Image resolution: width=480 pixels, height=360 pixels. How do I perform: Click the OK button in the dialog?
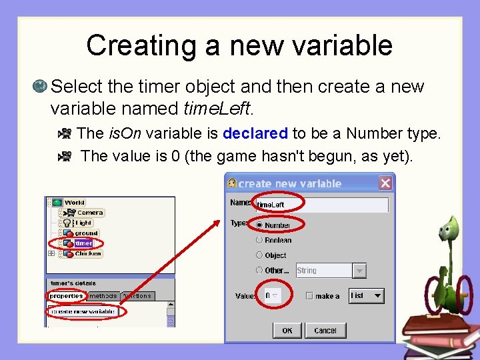(x=287, y=330)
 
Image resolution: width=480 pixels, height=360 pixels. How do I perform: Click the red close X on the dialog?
(x=385, y=183)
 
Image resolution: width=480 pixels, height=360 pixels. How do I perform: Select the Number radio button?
(x=259, y=225)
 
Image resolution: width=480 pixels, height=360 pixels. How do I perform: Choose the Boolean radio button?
(x=259, y=240)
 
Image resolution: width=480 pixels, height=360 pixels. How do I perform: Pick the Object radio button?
(x=259, y=255)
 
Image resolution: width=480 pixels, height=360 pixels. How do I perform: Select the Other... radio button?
(x=259, y=271)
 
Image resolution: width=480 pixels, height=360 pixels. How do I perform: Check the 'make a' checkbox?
(x=309, y=296)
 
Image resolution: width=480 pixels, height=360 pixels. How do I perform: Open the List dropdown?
(x=367, y=295)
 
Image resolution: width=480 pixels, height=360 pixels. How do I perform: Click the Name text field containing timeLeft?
(x=320, y=205)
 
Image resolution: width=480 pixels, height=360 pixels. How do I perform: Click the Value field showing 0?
(x=272, y=295)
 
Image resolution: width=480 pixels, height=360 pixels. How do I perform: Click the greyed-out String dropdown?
(x=331, y=271)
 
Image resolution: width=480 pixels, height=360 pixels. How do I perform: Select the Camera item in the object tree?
(x=89, y=213)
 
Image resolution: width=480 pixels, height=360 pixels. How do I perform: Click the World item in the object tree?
(x=74, y=203)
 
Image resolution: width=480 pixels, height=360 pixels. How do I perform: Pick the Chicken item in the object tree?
(x=87, y=254)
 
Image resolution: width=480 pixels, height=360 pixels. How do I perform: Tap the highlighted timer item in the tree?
(x=83, y=243)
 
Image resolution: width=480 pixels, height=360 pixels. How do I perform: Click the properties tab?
(x=66, y=296)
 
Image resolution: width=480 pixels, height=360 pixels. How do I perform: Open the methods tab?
(x=103, y=296)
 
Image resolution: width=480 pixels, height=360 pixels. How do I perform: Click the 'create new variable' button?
(x=83, y=311)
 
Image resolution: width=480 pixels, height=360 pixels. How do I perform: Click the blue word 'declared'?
(x=255, y=133)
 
